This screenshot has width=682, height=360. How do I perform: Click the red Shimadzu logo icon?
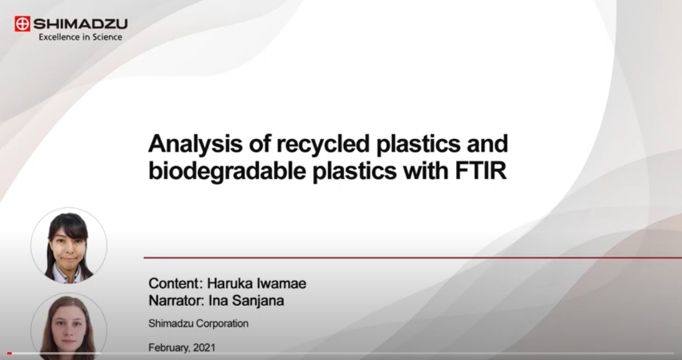22,24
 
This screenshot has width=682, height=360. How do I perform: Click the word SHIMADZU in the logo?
80,24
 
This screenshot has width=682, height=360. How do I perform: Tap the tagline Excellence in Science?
80,37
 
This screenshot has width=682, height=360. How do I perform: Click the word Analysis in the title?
195,144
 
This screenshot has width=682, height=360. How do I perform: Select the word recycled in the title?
323,143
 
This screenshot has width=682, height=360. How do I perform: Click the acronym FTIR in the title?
480,170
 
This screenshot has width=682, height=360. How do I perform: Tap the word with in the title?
426,170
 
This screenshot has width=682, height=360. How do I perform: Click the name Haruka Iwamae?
256,283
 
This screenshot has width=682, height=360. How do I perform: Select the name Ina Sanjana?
246,300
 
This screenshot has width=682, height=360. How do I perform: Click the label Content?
176,283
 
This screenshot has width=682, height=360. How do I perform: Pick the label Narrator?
177,300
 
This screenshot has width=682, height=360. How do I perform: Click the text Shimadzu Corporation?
199,323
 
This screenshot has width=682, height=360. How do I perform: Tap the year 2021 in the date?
205,347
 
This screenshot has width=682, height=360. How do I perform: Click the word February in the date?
169,348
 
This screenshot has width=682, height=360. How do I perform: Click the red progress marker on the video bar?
10,353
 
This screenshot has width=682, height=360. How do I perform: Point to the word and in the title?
487,143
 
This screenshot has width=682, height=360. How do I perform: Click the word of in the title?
259,143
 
